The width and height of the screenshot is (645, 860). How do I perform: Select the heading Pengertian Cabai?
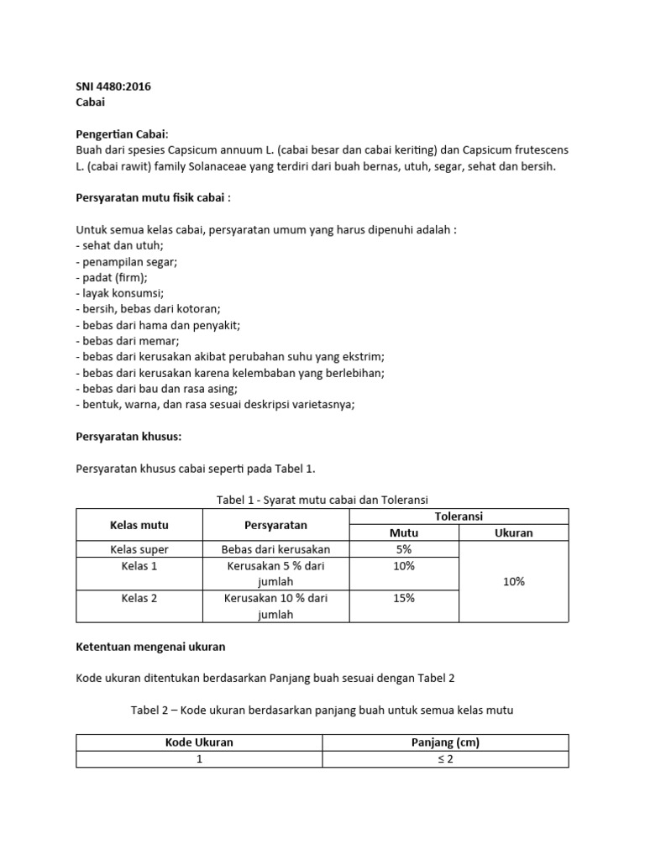pyautogui.click(x=122, y=134)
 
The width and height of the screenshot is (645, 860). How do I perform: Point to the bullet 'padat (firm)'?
pyautogui.click(x=112, y=278)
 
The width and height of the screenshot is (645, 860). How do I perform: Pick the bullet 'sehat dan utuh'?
pyautogui.click(x=119, y=246)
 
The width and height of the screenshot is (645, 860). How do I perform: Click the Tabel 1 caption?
pyautogui.click(x=322, y=500)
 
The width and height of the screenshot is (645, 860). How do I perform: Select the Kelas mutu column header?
pyautogui.click(x=139, y=525)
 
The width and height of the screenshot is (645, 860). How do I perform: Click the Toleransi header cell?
pyautogui.click(x=459, y=517)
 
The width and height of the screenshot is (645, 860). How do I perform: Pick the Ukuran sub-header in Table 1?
pyautogui.click(x=513, y=532)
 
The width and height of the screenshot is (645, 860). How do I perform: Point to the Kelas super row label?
pyautogui.click(x=139, y=549)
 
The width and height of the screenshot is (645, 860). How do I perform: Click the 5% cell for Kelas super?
pyautogui.click(x=404, y=549)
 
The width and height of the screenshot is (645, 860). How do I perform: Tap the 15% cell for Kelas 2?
pyautogui.click(x=404, y=598)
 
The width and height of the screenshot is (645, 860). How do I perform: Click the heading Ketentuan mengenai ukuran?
pyautogui.click(x=151, y=647)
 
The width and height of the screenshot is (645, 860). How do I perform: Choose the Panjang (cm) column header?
pyautogui.click(x=446, y=742)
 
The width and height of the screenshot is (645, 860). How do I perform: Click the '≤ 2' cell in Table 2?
pyautogui.click(x=446, y=758)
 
